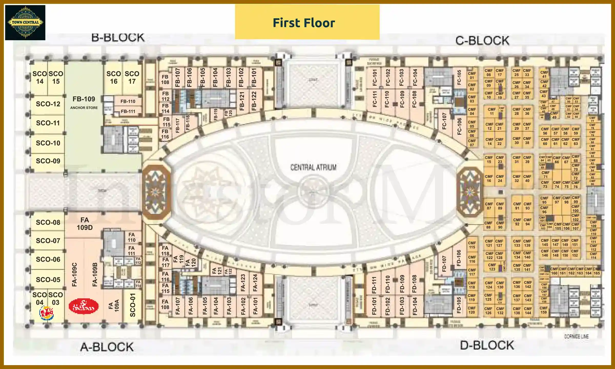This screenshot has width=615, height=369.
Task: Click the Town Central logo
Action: [25, 23]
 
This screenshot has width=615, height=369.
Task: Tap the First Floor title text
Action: [304, 23]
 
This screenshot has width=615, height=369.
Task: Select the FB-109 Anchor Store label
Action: [84, 102]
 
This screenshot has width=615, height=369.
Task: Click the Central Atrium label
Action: [313, 167]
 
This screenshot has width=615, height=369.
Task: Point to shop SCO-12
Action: [48, 104]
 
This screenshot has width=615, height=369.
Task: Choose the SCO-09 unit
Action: [48, 161]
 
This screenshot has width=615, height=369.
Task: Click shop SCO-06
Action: [48, 259]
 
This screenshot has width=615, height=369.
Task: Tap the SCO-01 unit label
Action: [132, 305]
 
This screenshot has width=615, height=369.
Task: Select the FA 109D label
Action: [85, 224]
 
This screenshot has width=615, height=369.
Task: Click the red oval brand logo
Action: [84, 306]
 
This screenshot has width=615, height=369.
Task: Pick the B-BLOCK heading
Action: [118, 38]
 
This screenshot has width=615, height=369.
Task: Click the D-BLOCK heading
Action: [487, 345]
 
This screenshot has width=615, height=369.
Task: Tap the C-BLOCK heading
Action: [482, 41]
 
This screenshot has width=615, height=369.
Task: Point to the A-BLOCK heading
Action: [107, 347]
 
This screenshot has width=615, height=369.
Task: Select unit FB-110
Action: [128, 101]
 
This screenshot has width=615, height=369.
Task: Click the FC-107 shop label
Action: [444, 121]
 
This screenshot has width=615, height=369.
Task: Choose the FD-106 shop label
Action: [459, 258]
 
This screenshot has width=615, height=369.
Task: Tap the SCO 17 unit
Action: [132, 77]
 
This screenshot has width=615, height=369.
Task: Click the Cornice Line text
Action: [576, 336]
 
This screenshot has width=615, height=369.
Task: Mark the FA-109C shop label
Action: [74, 274]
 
